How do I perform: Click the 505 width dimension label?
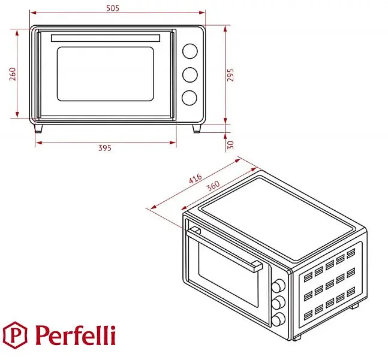click(x=113, y=8)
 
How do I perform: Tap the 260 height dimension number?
click(x=13, y=74)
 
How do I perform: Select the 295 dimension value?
click(x=230, y=75)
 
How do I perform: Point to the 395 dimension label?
click(x=105, y=148)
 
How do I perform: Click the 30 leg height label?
click(x=230, y=145)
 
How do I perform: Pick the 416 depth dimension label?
click(x=195, y=179)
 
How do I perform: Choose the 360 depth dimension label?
click(x=213, y=186)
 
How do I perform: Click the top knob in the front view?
click(x=190, y=51)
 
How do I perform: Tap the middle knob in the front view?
click(x=190, y=75)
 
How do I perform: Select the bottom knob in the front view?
click(x=190, y=98)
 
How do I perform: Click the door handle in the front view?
click(x=106, y=38)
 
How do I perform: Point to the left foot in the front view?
click(x=38, y=128)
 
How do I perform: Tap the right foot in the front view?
click(x=197, y=128)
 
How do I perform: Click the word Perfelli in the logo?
click(x=76, y=335)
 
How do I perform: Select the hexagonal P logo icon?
click(x=15, y=335)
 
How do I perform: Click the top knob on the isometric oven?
click(x=278, y=286)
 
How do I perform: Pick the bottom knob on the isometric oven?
click(x=278, y=319)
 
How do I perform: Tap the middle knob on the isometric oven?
click(x=278, y=302)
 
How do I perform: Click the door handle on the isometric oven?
click(x=224, y=249)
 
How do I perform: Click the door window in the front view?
click(x=106, y=74)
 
